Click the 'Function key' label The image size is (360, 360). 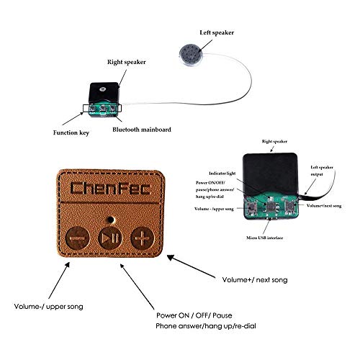[x=71, y=132]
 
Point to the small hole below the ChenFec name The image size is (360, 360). [x=109, y=215]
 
